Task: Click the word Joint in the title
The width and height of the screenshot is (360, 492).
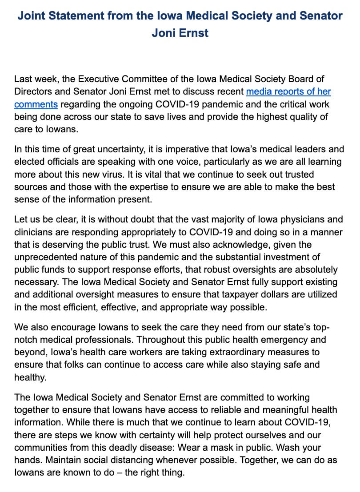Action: point(32,16)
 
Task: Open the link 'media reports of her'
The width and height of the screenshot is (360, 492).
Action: point(288,92)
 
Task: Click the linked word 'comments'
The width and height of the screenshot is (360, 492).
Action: point(36,105)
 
